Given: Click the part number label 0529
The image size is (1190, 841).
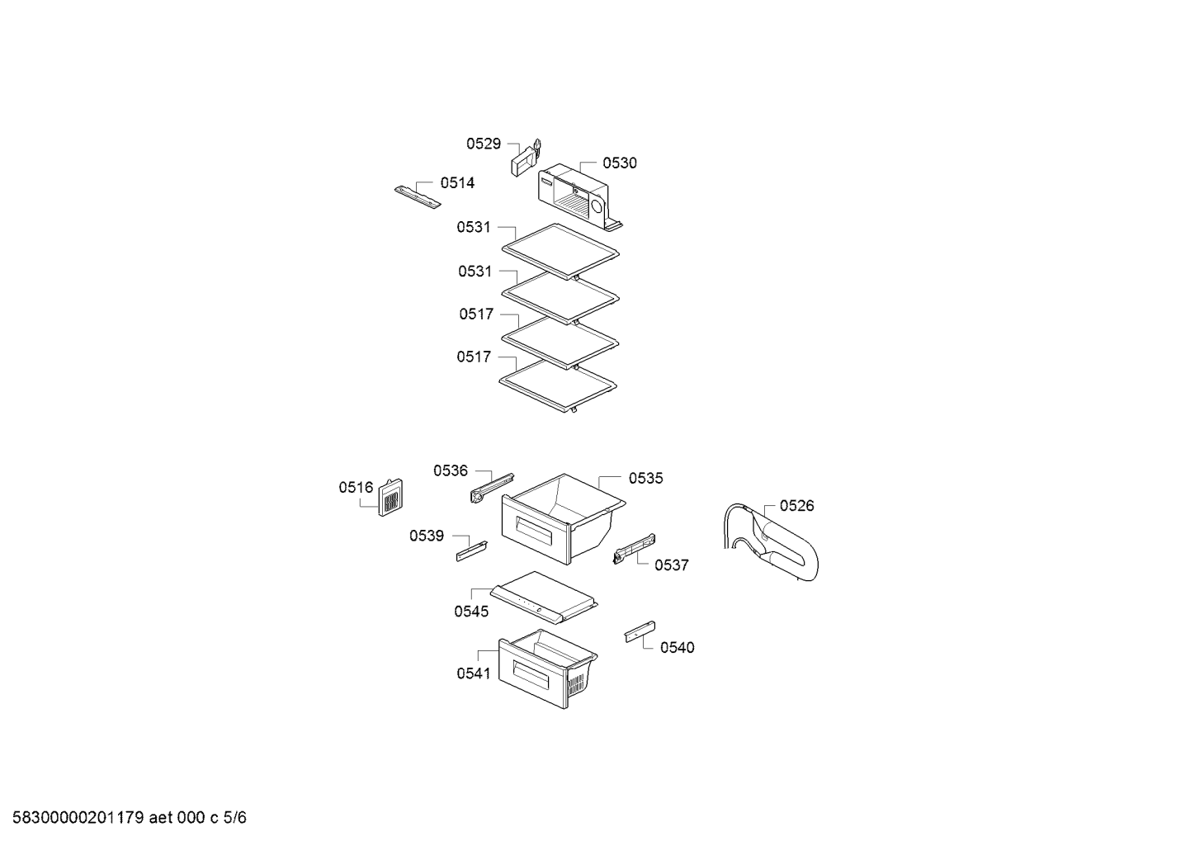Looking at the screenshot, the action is [484, 144].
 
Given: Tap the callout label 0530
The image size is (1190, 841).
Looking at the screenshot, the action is [620, 163].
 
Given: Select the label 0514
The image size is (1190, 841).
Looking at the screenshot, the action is [457, 182].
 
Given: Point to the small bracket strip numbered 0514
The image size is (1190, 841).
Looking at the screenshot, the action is [418, 197].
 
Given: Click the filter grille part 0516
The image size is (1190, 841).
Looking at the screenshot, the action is [390, 497].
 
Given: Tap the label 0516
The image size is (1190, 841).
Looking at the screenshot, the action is [356, 487].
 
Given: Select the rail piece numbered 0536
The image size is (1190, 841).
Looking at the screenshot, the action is [492, 487].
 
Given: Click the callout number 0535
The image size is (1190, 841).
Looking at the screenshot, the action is [646, 478].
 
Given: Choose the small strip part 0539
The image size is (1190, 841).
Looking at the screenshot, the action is [472, 551].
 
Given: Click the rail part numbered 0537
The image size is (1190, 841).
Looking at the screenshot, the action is [634, 549].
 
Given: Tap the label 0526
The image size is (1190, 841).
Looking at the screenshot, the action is [797, 505].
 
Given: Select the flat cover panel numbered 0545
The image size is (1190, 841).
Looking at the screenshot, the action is [544, 598].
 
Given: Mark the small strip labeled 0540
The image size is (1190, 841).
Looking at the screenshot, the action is [640, 631].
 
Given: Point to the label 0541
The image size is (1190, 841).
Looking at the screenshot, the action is [474, 673].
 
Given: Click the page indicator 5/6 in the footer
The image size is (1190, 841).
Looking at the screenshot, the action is [235, 818].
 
